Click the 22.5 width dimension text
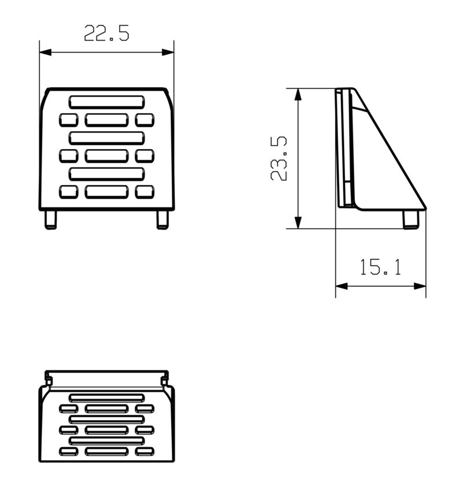coord(106,33)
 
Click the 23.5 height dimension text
coord(278,158)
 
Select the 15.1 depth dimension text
coord(380,267)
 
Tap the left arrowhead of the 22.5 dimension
coord(45,52)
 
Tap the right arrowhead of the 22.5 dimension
coord(168,52)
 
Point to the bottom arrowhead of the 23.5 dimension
coord(298,222)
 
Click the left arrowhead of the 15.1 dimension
coord(341,286)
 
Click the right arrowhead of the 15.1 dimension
coord(420,286)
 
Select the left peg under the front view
coord(50,220)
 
